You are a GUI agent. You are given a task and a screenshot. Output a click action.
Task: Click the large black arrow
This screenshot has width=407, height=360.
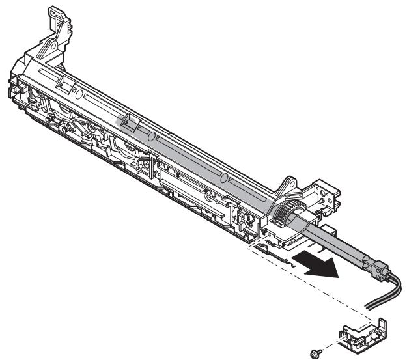[x=317, y=264]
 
